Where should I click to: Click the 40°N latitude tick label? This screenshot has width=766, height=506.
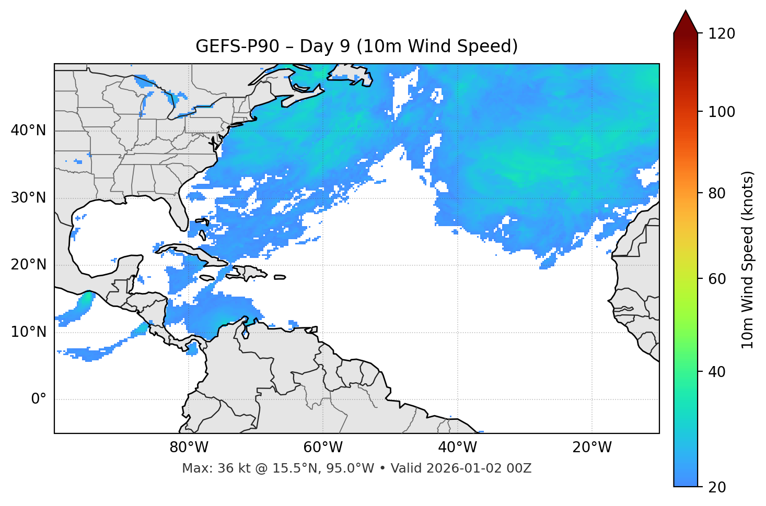coord(28,131)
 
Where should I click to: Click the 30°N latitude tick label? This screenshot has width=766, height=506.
coord(28,198)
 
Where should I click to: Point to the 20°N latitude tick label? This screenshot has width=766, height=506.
coord(28,265)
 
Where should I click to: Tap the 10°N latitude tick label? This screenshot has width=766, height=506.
coord(28,332)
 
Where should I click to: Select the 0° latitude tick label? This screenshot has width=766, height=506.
coord(38,399)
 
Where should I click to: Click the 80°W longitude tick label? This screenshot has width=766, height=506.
coord(189,448)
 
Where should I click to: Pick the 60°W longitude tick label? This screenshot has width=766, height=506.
coord(323,448)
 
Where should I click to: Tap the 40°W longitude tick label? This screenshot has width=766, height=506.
coord(457,448)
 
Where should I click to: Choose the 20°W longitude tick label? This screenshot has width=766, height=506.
coord(591,448)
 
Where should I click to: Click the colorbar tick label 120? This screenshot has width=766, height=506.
coord(722,33)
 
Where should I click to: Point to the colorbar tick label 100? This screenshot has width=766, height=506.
coord(722,112)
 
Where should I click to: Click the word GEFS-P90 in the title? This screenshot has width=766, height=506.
coord(230,46)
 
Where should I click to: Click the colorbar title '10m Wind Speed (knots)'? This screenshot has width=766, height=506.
coord(748,260)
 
